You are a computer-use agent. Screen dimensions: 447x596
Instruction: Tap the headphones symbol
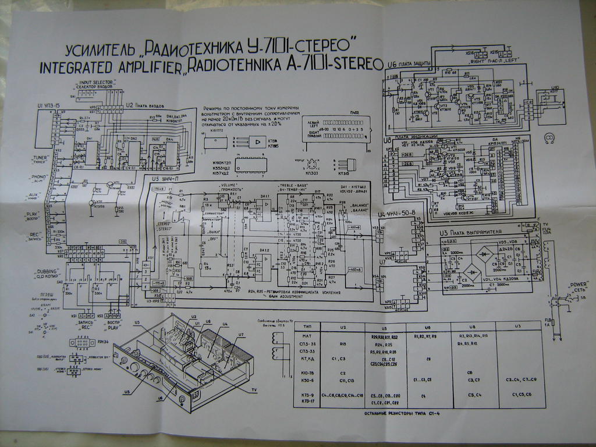547,138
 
